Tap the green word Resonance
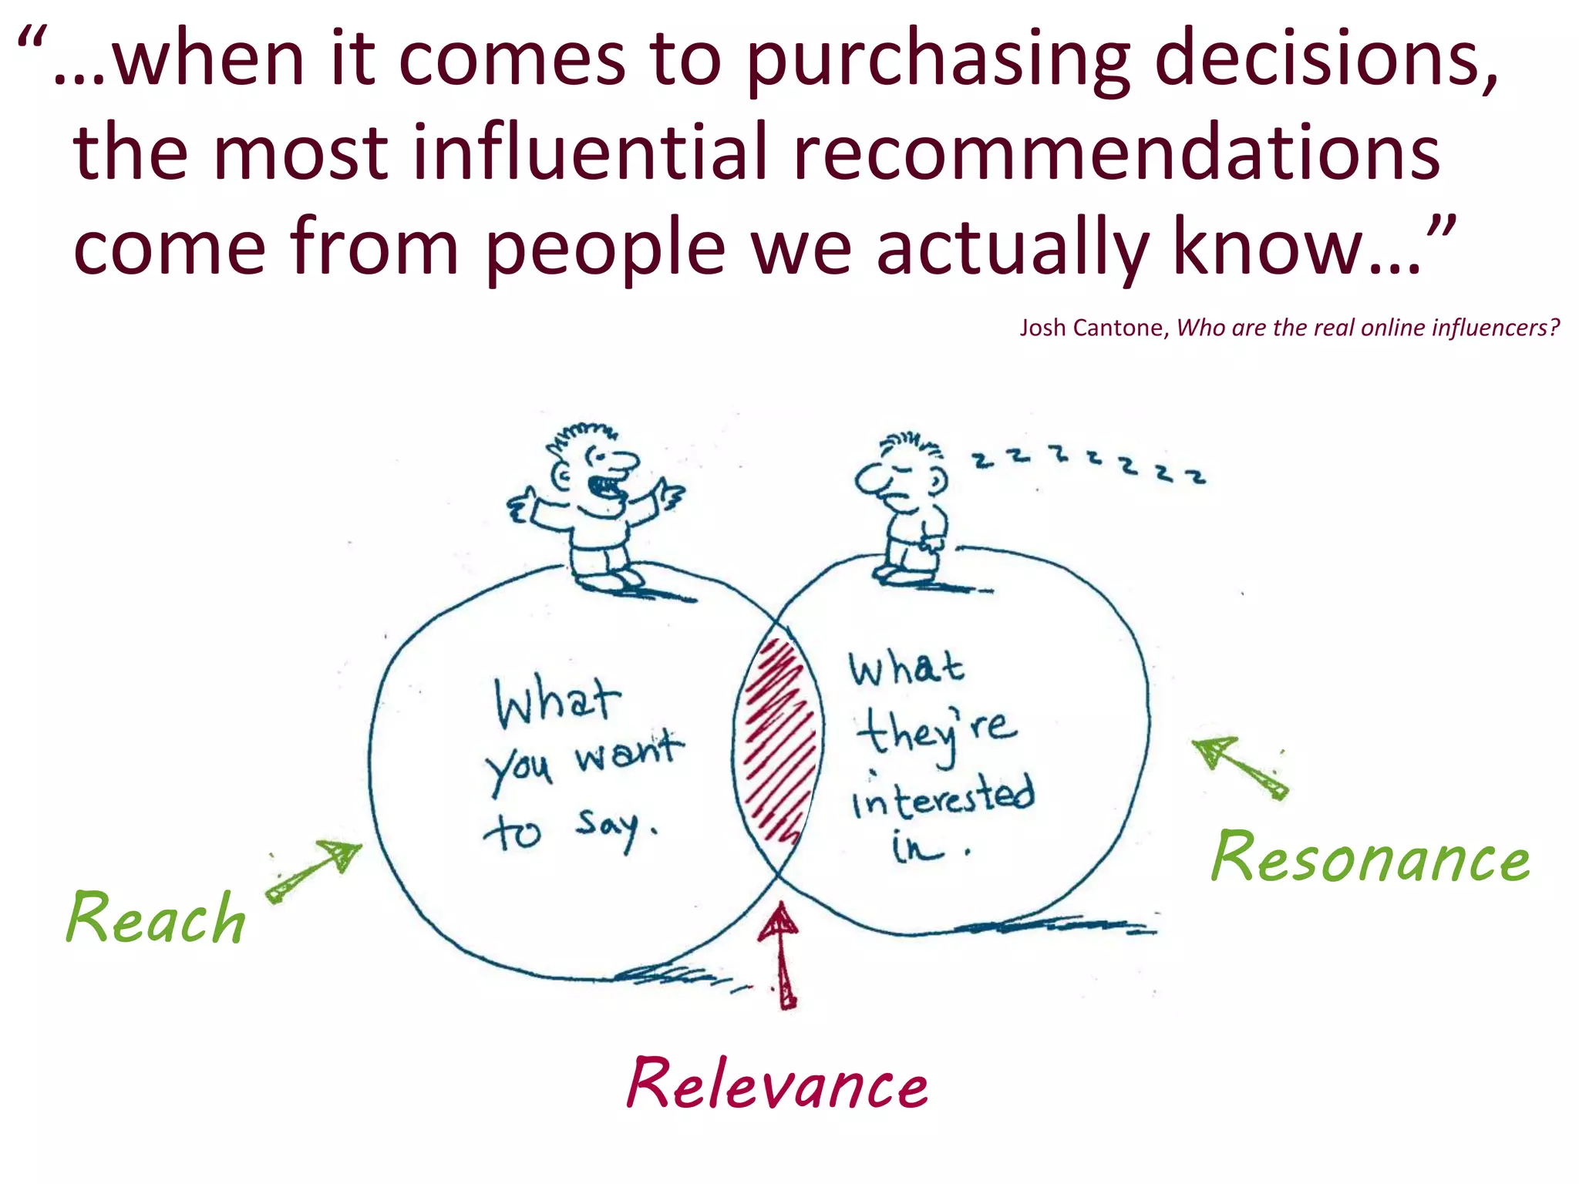[x=1370, y=857]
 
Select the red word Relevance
[x=777, y=1083]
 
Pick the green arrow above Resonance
[x=1238, y=767]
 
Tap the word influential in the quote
[x=590, y=152]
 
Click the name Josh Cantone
[x=1091, y=328]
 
